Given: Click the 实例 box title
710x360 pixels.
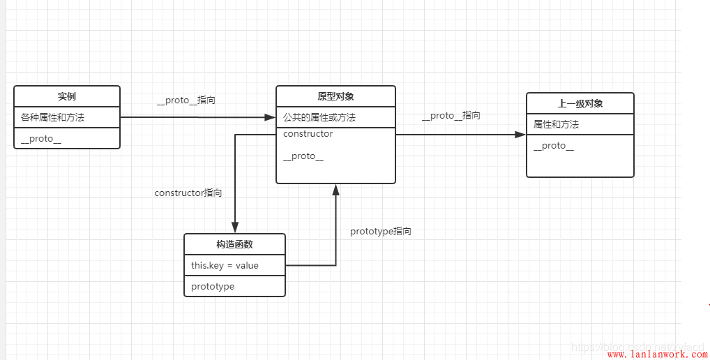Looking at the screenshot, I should tap(67, 96).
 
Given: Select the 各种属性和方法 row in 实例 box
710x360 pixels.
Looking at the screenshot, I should tap(53, 118).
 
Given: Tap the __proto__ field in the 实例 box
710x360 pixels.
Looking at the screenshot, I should tap(41, 139).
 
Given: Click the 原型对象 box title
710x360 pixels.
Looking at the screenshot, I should tap(335, 96).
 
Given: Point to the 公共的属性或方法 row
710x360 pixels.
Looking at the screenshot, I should tap(319, 118).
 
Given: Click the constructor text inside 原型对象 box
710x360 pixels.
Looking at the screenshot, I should tap(308, 134).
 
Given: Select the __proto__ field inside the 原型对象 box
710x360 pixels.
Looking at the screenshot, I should tap(303, 156).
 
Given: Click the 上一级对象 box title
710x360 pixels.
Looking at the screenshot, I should tap(580, 103).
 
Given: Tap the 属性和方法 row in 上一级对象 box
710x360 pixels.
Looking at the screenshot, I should tap(557, 125).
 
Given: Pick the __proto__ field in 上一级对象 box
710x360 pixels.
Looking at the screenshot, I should tap(554, 146).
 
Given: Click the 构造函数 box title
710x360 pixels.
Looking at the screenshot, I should tap(234, 244).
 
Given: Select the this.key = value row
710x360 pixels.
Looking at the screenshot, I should tap(225, 266).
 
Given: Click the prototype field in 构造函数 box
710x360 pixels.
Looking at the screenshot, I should tap(213, 287).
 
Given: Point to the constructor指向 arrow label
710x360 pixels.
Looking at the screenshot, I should tap(188, 193).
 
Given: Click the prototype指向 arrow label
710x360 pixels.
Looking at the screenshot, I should tap(381, 232).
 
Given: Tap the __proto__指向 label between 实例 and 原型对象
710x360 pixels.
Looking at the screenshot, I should tap(186, 100).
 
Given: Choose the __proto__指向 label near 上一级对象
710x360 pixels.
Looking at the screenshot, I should tap(451, 116).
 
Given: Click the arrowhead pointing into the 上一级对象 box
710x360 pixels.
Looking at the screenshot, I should tap(521, 135).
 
